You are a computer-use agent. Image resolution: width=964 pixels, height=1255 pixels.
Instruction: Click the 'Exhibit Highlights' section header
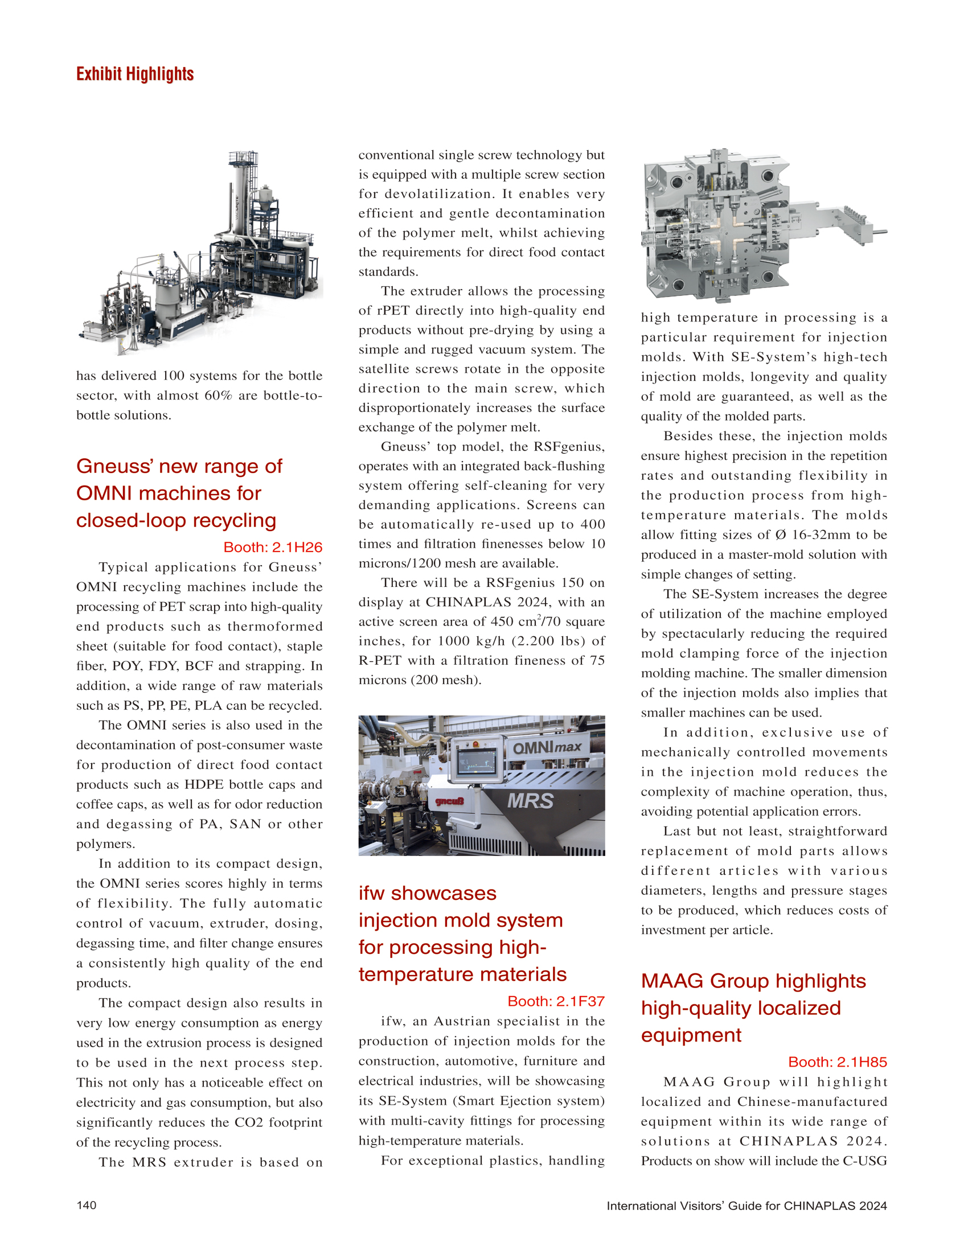(135, 74)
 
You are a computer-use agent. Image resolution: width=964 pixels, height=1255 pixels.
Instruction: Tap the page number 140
(87, 1204)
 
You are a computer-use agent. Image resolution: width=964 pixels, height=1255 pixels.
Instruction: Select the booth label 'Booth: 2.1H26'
(273, 547)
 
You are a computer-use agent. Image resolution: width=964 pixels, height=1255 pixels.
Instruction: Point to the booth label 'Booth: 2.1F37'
(555, 1001)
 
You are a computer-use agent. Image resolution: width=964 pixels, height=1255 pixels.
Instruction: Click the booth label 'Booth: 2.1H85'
(837, 1061)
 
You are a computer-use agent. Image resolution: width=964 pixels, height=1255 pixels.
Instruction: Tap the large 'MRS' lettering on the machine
(530, 801)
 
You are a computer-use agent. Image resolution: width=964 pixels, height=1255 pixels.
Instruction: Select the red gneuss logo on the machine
(449, 801)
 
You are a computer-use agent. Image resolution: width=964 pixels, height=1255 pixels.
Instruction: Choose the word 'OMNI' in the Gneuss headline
(105, 493)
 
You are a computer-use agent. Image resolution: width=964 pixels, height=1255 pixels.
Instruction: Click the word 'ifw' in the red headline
(372, 893)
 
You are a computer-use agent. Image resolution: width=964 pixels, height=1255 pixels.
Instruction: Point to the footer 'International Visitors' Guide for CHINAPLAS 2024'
(746, 1205)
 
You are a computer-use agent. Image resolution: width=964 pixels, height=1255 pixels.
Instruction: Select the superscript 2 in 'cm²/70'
(539, 617)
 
